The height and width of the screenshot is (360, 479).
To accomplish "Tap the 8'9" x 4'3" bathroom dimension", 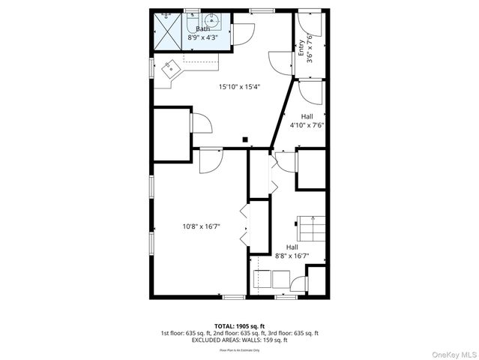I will coord(201,36).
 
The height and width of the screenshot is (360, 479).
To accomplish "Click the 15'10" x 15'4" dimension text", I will coord(238,87).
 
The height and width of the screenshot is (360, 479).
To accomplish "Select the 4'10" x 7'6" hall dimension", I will coord(307,126).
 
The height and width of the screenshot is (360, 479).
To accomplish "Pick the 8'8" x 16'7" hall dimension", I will coord(292,256).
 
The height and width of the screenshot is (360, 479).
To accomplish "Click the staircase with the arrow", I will coord(310,226).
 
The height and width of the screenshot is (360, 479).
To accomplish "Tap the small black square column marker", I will coord(245,138).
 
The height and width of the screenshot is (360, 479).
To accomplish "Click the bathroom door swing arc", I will coord(245,34).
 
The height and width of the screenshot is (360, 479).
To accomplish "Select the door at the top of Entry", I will coord(310,23).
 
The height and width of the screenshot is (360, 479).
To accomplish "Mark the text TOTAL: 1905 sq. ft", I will coord(239,326).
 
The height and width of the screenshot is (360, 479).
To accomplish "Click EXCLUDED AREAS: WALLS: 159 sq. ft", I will coord(239,340).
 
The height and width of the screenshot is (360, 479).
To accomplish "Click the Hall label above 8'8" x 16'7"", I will coord(292,247).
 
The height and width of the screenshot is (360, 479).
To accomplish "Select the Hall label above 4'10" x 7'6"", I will coord(307,116).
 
